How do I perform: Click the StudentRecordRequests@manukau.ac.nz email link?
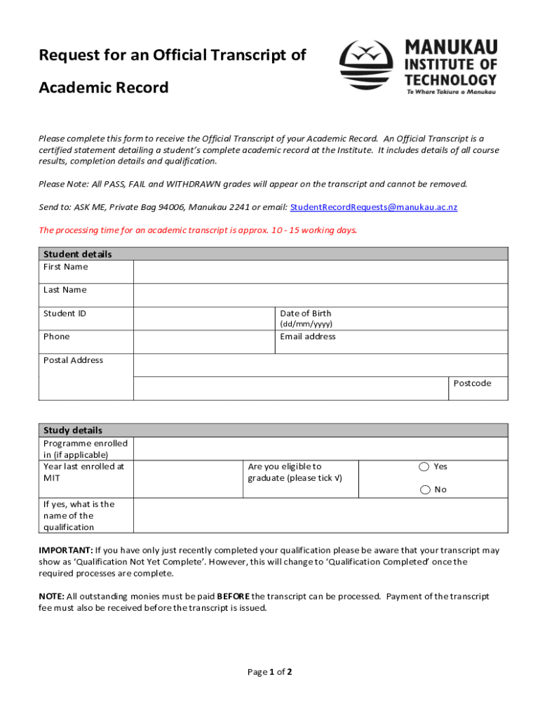coord(373,207)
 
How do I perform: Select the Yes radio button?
coord(424,467)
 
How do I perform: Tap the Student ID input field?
coord(203,318)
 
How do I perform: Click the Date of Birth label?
coord(306,313)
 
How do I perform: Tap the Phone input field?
coord(203,342)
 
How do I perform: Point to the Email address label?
coord(308,336)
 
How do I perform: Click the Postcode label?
coord(472,383)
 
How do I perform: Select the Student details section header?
coord(77,254)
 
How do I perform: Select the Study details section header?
coord(73,430)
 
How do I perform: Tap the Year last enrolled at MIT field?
coord(187,479)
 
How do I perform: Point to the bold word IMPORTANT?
coord(65,550)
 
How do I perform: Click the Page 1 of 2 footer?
coord(270,672)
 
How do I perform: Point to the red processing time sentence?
coord(198,230)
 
